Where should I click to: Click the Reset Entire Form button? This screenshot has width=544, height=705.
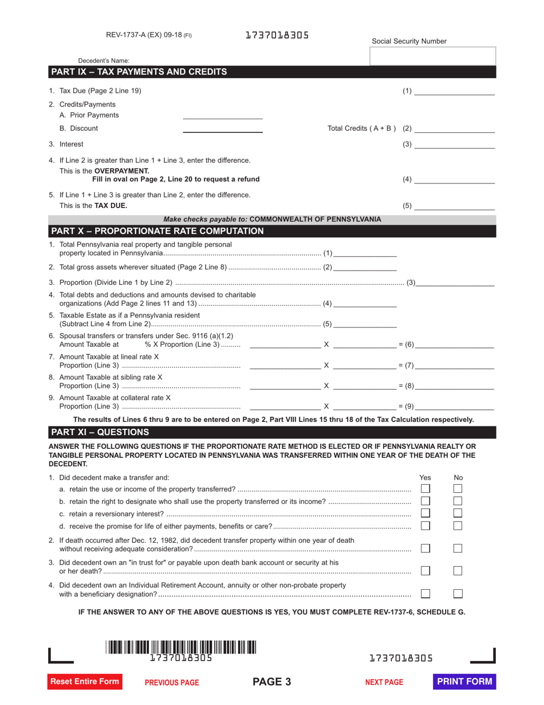(85, 681)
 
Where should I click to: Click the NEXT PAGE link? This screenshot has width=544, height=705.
(384, 682)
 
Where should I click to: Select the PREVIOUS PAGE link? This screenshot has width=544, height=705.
(172, 682)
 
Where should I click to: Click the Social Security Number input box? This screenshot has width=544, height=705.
(433, 56)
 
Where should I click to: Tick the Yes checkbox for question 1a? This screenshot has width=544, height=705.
(425, 488)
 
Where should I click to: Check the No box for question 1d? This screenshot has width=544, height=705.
(458, 525)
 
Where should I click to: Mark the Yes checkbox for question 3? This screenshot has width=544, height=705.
(425, 570)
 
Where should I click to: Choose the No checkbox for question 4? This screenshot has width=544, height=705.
(458, 593)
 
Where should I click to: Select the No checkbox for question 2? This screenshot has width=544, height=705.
(458, 548)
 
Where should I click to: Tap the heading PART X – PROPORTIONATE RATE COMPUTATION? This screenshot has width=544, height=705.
(157, 231)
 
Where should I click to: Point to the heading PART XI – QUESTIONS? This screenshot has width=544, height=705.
(100, 432)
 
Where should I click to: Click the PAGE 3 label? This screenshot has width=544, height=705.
(272, 681)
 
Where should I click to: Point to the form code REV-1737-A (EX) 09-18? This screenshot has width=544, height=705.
(149, 35)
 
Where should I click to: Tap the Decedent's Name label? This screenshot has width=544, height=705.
(104, 61)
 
